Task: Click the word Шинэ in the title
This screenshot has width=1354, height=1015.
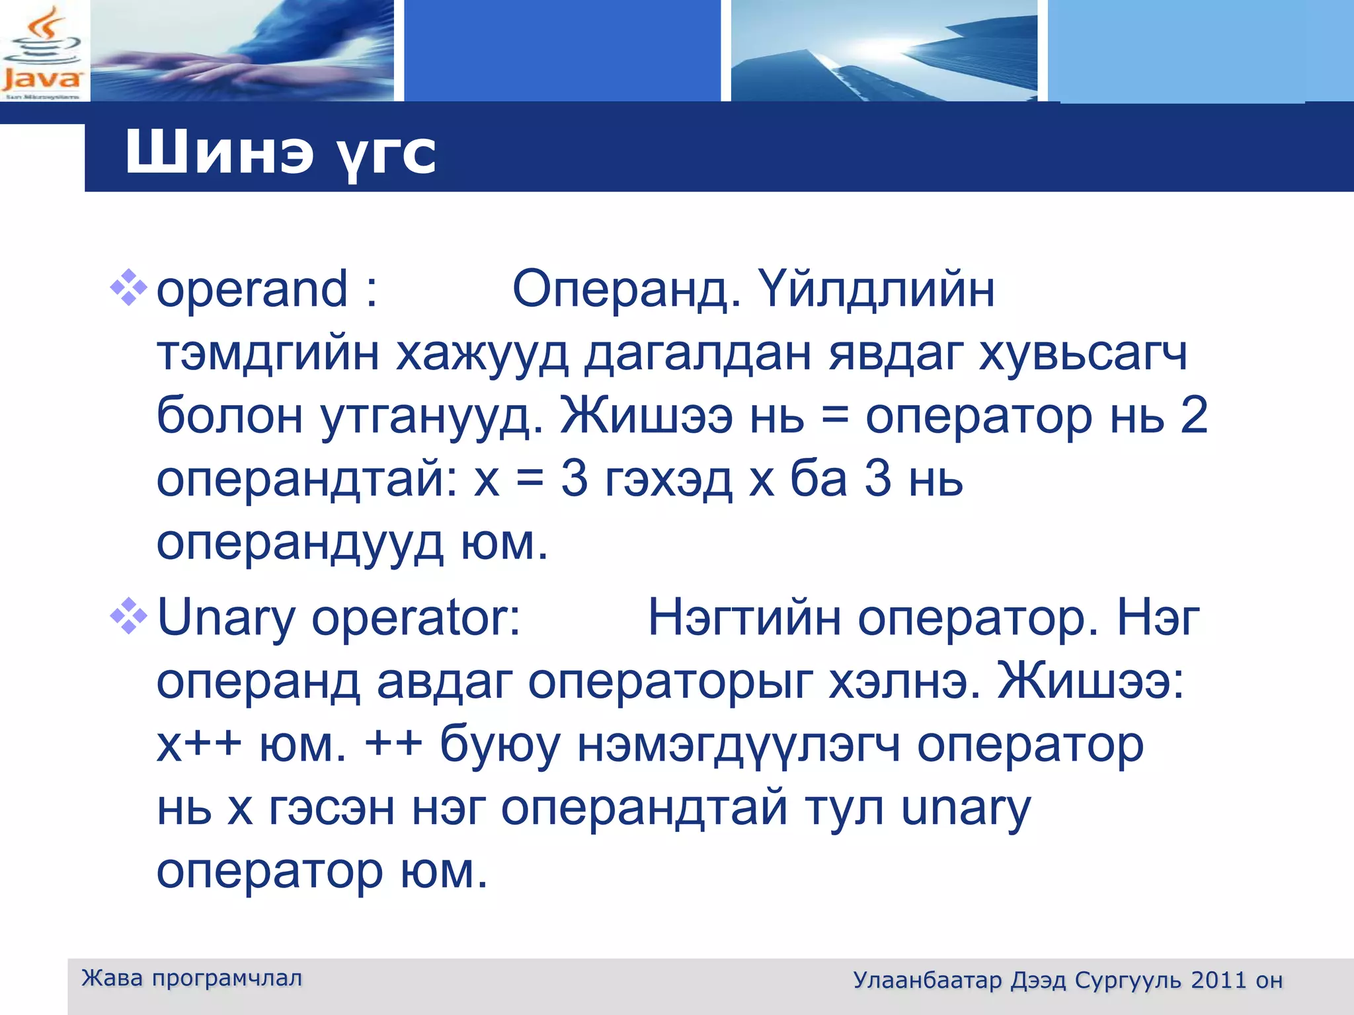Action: (x=219, y=153)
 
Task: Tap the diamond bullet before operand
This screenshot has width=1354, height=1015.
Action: (x=128, y=287)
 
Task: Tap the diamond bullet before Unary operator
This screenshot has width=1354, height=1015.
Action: (x=128, y=616)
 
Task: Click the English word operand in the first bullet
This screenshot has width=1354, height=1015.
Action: (x=251, y=290)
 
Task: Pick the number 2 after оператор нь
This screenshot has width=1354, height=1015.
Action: (x=1193, y=416)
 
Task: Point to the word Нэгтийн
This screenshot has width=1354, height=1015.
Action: (x=744, y=619)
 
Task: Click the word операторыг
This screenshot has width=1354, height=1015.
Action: (x=670, y=682)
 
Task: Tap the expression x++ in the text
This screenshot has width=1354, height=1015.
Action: (x=199, y=745)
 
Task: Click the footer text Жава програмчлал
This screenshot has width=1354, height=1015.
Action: (x=192, y=978)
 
